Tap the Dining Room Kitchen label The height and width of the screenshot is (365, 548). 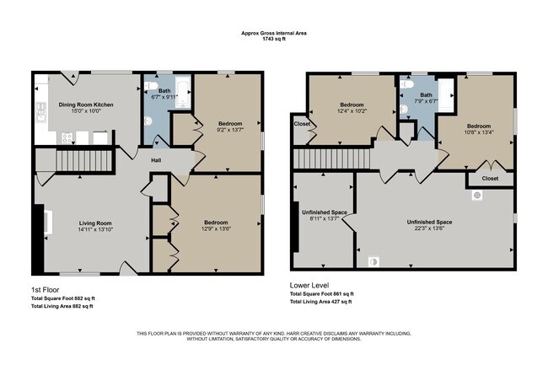point(85,105)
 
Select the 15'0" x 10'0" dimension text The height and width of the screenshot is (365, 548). point(85,110)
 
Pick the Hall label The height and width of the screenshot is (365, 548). point(157,161)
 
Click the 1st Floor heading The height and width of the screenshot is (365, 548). point(44,289)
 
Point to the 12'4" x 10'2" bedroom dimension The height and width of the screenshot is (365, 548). point(352,110)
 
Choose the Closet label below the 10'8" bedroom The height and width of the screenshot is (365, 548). point(489,179)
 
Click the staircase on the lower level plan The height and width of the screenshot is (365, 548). point(330,158)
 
